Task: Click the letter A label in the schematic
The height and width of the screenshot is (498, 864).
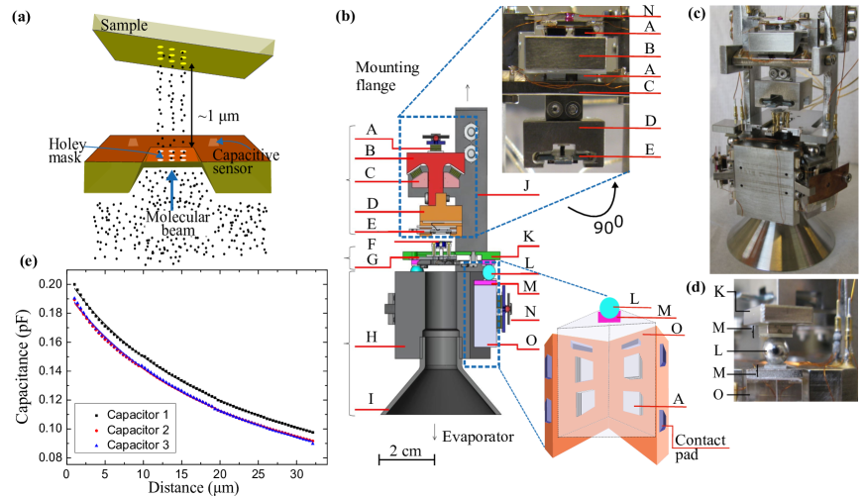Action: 372,130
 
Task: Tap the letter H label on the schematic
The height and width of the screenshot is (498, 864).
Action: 372,337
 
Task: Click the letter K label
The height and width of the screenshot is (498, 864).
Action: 530,238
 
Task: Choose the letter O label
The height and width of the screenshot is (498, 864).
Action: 530,340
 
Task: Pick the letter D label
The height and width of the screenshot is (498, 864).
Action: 372,203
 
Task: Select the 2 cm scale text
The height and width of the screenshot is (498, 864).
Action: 406,451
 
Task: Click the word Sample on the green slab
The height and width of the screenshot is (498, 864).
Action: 124,26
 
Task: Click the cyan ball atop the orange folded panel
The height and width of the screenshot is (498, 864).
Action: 608,307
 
